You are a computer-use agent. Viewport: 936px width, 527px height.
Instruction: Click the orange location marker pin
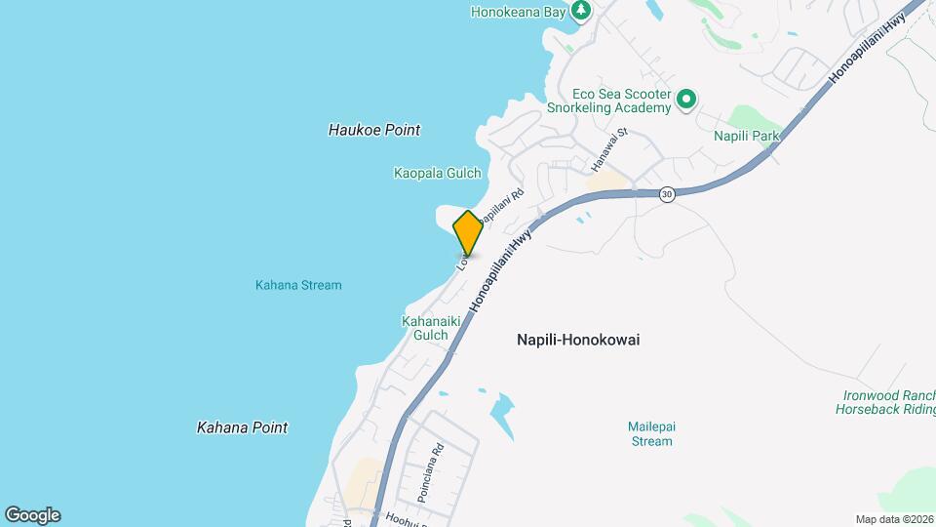468,233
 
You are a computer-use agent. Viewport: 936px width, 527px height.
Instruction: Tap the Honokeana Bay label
518,12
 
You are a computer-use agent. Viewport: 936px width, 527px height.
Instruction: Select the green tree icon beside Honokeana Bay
581,11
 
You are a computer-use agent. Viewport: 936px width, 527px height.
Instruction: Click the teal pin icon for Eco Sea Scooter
686,99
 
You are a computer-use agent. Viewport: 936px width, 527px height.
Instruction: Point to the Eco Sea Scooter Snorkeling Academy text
608,101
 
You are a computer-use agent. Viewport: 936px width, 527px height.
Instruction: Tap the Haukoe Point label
374,130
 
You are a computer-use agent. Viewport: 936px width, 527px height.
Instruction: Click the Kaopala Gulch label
437,174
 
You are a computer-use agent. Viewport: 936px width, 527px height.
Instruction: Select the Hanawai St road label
621,144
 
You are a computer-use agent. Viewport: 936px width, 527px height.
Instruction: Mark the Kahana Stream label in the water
298,285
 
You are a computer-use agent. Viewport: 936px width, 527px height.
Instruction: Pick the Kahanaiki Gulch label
430,328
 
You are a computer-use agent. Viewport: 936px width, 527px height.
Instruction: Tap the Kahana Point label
242,427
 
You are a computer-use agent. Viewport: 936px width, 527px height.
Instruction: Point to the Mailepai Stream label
650,433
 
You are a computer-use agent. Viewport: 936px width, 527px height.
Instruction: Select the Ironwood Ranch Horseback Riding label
885,403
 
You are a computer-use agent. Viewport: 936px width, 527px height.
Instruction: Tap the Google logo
32,515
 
